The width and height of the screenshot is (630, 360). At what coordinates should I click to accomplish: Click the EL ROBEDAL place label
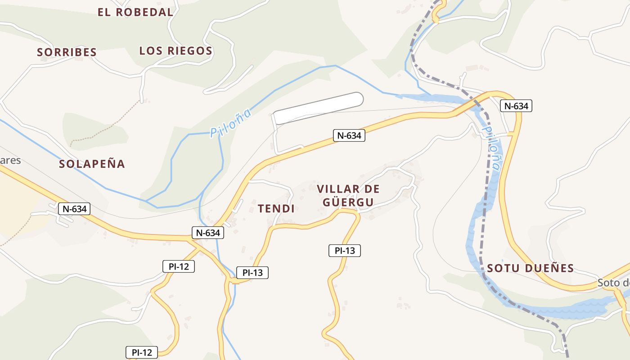(x=135, y=12)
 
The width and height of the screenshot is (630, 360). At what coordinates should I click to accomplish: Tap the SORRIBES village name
(x=67, y=52)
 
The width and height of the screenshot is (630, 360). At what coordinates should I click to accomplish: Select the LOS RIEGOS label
(x=175, y=51)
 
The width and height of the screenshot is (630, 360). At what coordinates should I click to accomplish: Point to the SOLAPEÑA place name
(x=92, y=164)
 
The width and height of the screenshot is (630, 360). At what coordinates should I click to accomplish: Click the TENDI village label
(x=276, y=208)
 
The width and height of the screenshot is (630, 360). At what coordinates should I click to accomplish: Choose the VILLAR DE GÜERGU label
(x=348, y=195)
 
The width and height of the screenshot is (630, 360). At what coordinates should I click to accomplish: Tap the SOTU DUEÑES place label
(x=530, y=269)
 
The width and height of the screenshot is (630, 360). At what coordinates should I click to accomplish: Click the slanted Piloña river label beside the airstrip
(x=230, y=123)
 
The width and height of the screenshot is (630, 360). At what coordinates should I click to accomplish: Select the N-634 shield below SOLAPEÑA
(x=74, y=209)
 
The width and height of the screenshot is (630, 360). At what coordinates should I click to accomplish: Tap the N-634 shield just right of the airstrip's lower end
(x=349, y=135)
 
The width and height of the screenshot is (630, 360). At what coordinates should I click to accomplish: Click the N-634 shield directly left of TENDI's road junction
(x=208, y=233)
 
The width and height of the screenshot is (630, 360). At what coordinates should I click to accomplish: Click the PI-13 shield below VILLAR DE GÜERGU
(x=345, y=251)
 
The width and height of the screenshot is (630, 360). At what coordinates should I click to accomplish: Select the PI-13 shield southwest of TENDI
(x=252, y=273)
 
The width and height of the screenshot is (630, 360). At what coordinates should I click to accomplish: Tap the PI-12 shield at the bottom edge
(x=142, y=352)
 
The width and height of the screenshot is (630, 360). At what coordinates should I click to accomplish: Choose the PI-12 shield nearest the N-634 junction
(x=178, y=266)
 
